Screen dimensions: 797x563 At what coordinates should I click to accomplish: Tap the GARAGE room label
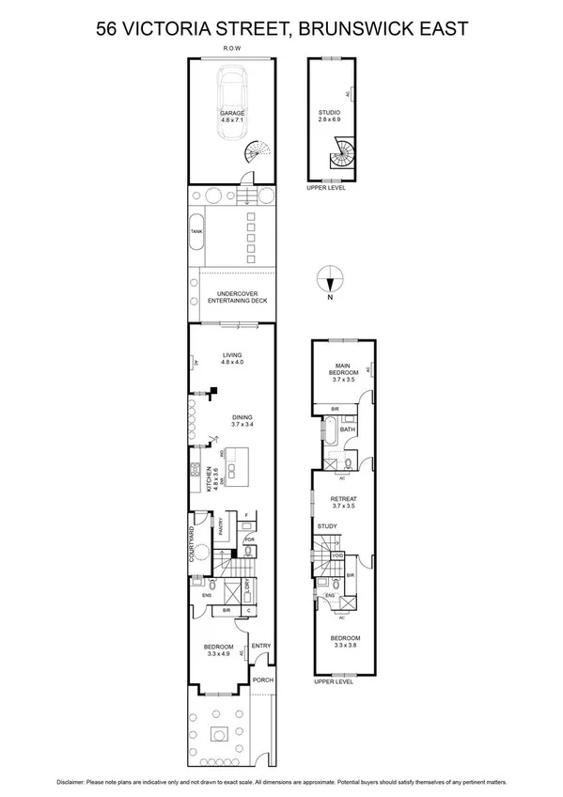(231, 116)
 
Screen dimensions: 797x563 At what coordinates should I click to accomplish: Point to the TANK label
(196, 231)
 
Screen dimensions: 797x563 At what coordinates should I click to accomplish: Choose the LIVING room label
(231, 358)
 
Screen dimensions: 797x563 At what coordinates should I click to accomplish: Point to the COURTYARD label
(192, 543)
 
